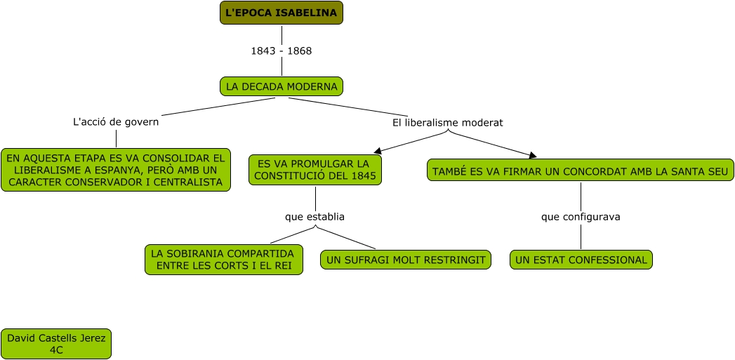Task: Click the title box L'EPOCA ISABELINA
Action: [x=282, y=13]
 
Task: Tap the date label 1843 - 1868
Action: [x=282, y=51]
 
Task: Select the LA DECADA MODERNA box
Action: [x=282, y=86]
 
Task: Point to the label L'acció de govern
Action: [x=116, y=122]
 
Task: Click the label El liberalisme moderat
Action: [x=448, y=123]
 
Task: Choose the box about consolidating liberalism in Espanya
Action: [x=116, y=170]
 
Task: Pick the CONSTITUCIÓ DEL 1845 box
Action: [x=315, y=170]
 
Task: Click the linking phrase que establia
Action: [x=315, y=217]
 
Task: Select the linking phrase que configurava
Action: [x=581, y=217]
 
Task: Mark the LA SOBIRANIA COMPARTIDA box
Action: [x=224, y=260]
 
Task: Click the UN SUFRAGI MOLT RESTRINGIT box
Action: [x=406, y=260]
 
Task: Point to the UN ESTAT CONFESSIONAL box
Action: [x=581, y=260]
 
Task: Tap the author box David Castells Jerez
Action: [x=56, y=344]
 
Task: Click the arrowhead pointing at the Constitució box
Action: [x=378, y=151]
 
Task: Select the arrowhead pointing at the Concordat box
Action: [x=533, y=156]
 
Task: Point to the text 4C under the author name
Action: [x=55, y=350]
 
